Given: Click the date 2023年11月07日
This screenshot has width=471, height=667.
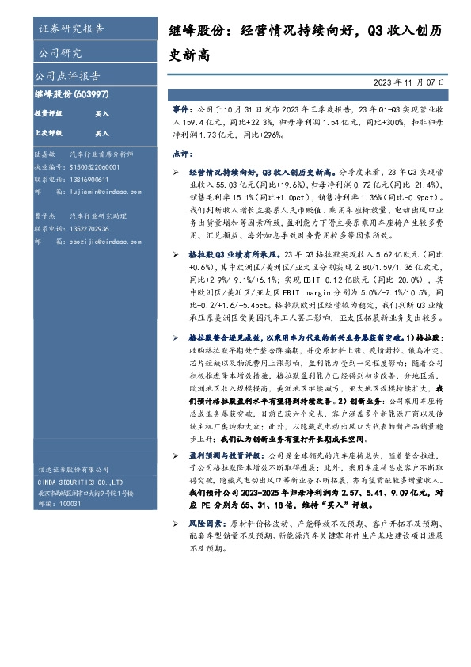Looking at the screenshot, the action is [410, 82].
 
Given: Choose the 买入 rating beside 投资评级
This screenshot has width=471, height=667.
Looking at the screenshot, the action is [102, 114].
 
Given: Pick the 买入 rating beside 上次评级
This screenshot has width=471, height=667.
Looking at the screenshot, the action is [102, 134].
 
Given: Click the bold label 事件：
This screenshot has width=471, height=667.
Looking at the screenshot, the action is [183, 105].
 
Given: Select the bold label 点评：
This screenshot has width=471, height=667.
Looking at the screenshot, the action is [181, 154].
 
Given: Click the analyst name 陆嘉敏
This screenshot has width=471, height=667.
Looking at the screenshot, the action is [46, 156].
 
